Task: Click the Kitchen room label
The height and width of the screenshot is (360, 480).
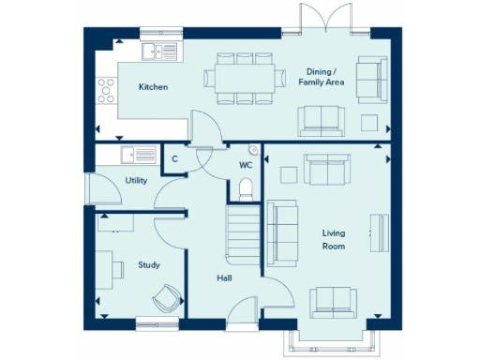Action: (x=153, y=86)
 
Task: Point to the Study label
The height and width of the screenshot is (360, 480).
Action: (x=149, y=264)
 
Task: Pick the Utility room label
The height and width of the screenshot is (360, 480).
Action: (x=136, y=180)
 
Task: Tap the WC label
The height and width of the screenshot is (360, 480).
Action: (x=246, y=165)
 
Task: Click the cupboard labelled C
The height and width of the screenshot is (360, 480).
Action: (x=175, y=158)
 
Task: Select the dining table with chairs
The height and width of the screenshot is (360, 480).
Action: (x=244, y=77)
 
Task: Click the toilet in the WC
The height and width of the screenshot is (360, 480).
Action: (x=246, y=190)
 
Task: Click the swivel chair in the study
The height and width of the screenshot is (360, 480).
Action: (x=166, y=297)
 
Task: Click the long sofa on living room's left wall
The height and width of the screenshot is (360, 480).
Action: (x=277, y=230)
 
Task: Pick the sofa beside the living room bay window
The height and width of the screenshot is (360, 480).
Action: (x=334, y=300)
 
